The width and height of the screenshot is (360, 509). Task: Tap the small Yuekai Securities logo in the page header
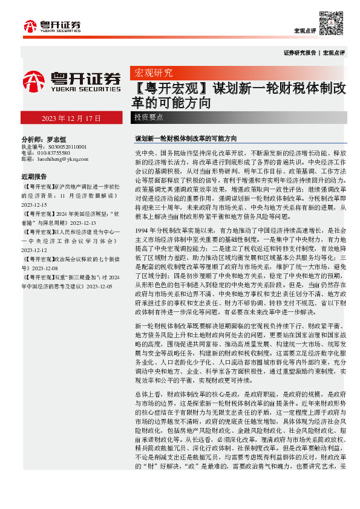tap(52, 26)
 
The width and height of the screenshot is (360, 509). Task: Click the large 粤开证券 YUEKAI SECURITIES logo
tap(71, 82)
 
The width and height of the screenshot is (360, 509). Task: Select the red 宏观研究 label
tap(153, 73)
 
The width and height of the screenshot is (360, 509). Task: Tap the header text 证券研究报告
tap(299, 53)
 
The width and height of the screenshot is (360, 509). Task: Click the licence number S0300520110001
tap(63, 146)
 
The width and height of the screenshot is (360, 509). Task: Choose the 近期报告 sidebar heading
tap(34, 177)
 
